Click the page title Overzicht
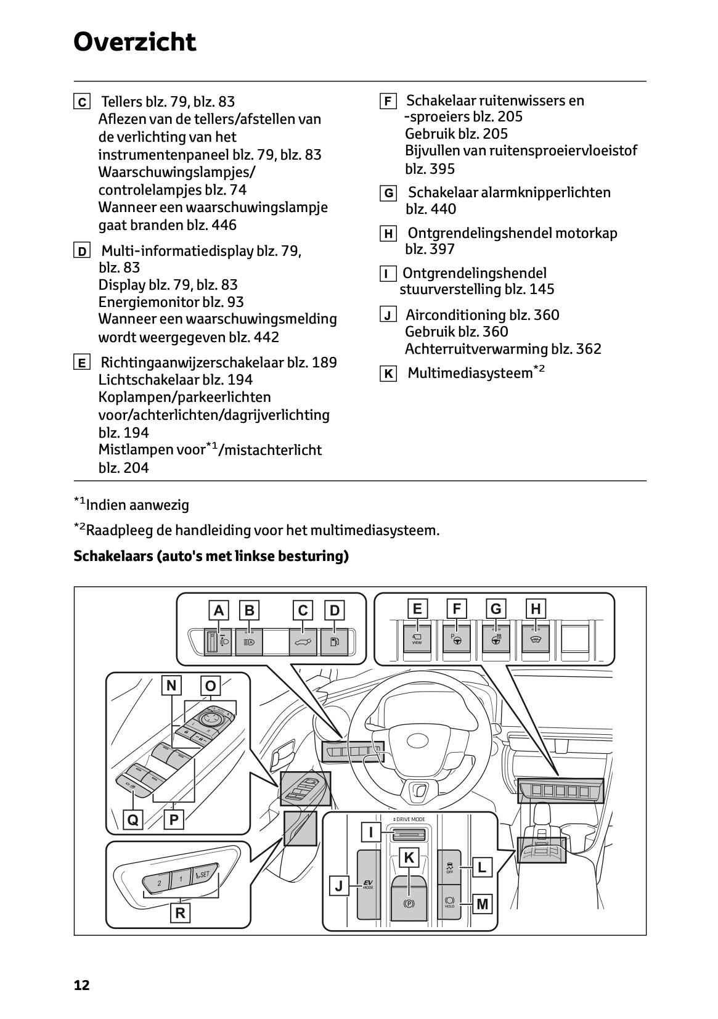pos(134,43)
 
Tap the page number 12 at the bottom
pos(81,984)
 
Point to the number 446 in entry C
pos(224,225)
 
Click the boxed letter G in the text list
pos(388,194)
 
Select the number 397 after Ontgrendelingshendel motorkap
pos(442,249)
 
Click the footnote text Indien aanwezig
pos(137,505)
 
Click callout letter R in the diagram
pos(180,913)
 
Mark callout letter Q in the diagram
pos(133,820)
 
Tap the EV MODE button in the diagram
pos(369,885)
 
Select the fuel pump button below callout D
pos(334,642)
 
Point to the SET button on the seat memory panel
pos(202,875)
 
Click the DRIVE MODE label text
pos(409,819)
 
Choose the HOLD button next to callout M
pos(450,902)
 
